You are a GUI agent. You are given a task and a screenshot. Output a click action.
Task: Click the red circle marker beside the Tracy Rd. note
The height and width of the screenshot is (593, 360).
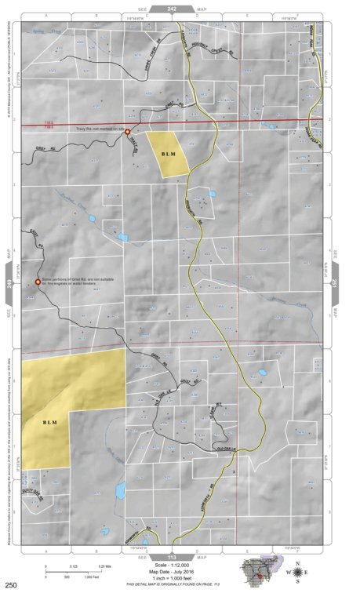[x=127, y=133]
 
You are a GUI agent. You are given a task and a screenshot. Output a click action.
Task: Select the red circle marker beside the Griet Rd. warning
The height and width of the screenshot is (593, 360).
[x=38, y=282]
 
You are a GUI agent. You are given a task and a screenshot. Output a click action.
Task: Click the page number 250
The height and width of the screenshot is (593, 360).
[x=11, y=585]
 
